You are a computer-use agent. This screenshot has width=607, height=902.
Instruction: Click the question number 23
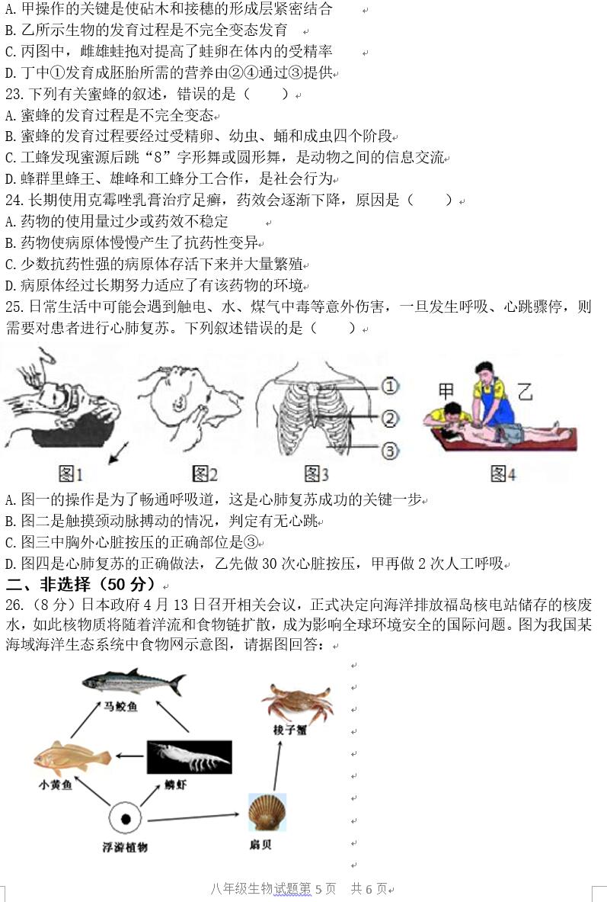pos(14,95)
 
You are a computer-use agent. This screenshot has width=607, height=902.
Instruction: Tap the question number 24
pos(14,201)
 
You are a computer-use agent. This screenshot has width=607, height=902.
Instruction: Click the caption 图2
pos(204,474)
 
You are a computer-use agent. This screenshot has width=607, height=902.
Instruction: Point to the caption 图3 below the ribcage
pos(316,474)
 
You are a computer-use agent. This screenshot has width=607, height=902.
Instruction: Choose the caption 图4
pos(503,474)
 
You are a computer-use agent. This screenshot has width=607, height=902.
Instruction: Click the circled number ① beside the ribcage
pos(389,387)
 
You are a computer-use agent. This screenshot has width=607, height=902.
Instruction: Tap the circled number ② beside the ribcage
pos(389,418)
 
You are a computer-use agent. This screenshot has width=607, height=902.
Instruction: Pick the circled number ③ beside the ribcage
pos(389,451)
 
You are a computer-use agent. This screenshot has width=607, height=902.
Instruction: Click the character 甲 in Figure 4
pos(446,391)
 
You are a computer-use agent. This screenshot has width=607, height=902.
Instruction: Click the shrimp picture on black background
pos(189,757)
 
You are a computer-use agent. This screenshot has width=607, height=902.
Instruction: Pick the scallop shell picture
pos(267,812)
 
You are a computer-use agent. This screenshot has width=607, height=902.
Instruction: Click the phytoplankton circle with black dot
pos(126,820)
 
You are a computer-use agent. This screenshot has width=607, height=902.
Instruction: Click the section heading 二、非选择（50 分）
pos(80,585)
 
